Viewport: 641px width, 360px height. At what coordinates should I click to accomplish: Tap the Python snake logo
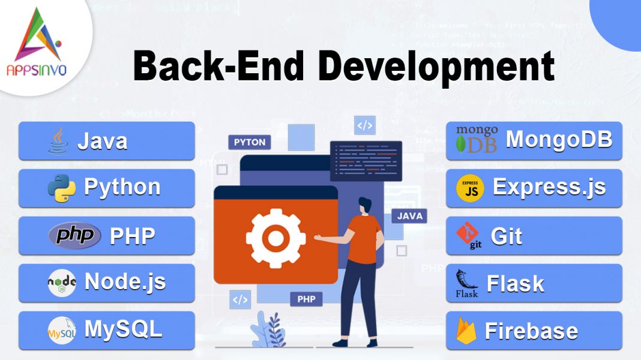[62, 188]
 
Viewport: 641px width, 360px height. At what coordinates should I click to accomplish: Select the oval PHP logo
[74, 235]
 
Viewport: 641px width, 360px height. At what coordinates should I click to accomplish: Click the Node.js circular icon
[62, 283]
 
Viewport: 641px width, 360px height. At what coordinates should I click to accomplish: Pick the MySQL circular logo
[62, 330]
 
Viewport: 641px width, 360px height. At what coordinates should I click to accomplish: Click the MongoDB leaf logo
[462, 144]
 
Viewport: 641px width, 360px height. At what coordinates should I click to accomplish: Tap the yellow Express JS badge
[470, 188]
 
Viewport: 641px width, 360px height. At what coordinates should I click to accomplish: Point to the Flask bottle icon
[466, 283]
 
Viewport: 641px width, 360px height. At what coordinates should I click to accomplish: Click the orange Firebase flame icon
[465, 331]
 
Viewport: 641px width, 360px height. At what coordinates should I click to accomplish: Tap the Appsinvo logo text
[37, 71]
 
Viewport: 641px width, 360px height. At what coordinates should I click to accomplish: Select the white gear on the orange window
[275, 238]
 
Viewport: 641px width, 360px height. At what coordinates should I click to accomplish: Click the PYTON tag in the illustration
[250, 143]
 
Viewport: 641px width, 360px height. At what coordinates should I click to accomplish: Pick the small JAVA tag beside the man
[410, 215]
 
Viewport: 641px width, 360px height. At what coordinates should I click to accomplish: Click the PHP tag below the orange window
[306, 298]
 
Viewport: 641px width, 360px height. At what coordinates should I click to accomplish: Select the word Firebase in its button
[531, 331]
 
